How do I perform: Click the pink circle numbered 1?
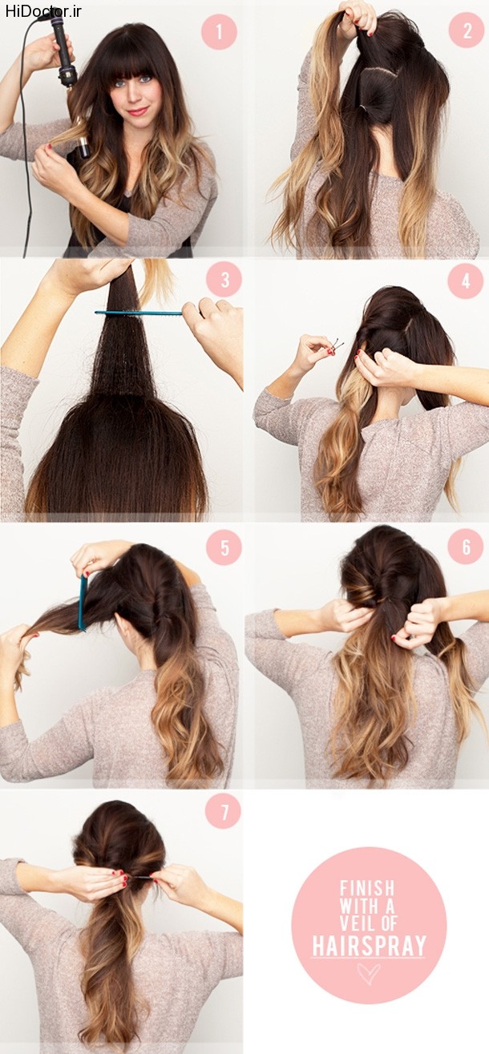[x=219, y=31]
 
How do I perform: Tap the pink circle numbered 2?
[x=466, y=30]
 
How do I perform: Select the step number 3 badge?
[x=224, y=280]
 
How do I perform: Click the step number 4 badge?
[x=466, y=281]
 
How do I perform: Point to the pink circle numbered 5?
[x=224, y=547]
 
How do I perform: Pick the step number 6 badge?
[x=466, y=547]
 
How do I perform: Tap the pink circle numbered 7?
[x=224, y=813]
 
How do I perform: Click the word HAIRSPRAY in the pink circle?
[x=369, y=944]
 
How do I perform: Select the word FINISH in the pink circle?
[x=367, y=887]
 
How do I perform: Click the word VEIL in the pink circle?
[x=354, y=923]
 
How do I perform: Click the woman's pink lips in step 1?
[x=138, y=111]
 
